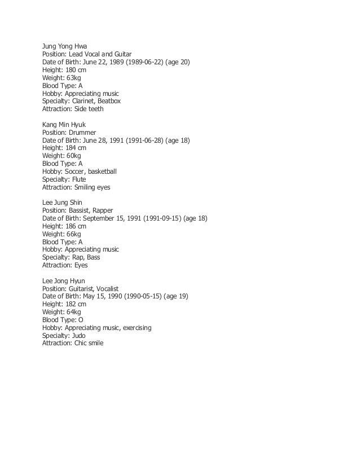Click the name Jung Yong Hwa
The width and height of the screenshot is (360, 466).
point(66,46)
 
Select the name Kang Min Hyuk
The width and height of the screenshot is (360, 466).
point(65,124)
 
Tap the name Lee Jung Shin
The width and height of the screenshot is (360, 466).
point(64,201)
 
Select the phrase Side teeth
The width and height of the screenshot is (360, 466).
point(89,109)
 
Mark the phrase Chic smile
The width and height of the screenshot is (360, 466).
point(89,342)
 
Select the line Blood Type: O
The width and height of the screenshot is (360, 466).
point(63,319)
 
